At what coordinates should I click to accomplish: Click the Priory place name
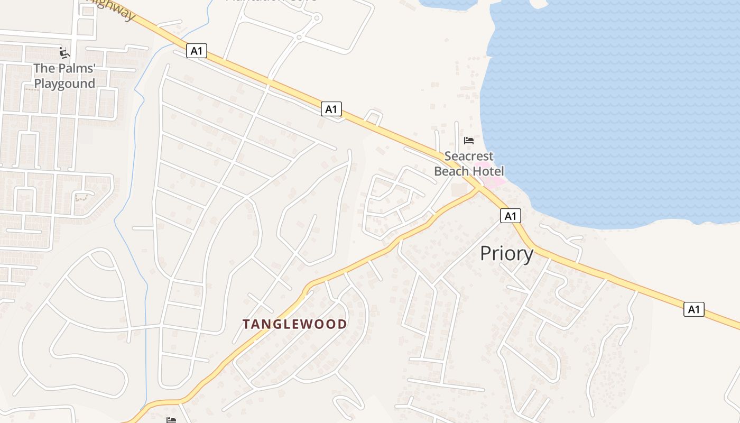[506, 254]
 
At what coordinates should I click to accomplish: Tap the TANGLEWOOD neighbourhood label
[295, 324]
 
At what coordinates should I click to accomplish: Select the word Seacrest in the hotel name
[469, 157]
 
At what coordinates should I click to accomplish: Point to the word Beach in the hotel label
[451, 171]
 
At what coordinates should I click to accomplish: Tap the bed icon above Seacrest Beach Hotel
[468, 141]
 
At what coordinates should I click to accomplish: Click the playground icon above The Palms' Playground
[64, 53]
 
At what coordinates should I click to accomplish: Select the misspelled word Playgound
[64, 84]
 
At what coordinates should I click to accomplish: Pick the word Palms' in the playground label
[76, 68]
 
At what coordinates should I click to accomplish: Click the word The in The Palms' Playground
[44, 68]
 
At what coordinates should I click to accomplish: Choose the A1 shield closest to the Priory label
[510, 216]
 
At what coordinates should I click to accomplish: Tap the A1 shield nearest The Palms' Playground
[196, 51]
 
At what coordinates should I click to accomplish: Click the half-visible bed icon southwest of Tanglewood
[171, 420]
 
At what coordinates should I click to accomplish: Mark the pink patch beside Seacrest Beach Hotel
[494, 182]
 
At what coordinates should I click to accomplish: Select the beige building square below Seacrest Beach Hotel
[459, 190]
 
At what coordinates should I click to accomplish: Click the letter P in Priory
[486, 254]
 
